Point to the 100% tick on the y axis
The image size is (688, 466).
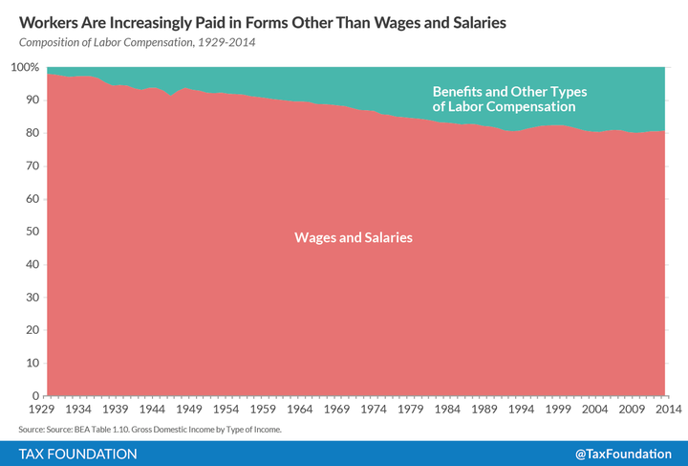click(x=24, y=68)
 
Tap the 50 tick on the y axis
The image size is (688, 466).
click(x=31, y=232)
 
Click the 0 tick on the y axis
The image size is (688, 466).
click(x=34, y=396)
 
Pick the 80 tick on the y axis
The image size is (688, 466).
click(x=31, y=134)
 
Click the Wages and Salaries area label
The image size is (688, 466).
click(x=354, y=236)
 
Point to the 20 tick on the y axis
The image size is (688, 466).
click(x=31, y=330)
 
